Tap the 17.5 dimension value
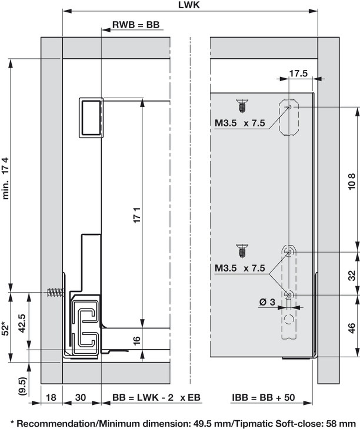[299, 74]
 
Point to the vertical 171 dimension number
[137, 214]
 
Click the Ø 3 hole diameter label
[268, 302]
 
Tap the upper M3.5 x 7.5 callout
[239, 123]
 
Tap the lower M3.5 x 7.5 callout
[239, 269]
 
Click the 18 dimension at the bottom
[52, 398]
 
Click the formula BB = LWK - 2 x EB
[156, 398]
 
